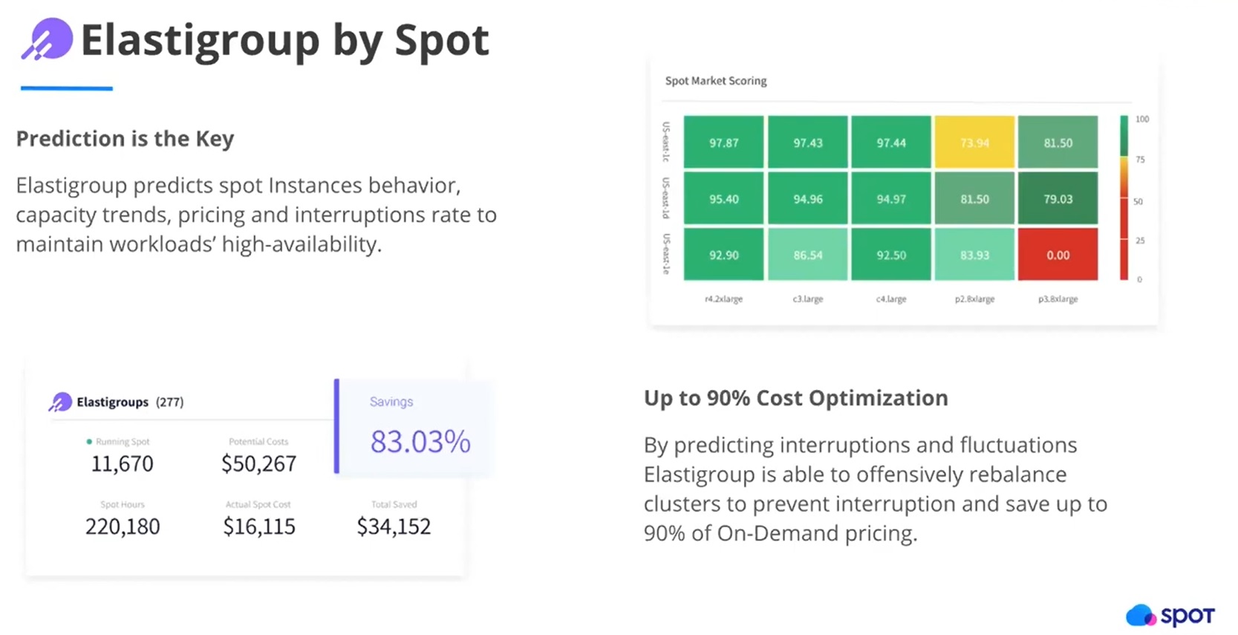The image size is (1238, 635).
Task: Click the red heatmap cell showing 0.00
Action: pyautogui.click(x=1058, y=255)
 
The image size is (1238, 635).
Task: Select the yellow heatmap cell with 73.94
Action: pyautogui.click(x=974, y=143)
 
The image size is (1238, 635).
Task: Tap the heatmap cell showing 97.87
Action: pyautogui.click(x=723, y=143)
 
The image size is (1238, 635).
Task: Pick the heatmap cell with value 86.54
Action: pyautogui.click(x=807, y=255)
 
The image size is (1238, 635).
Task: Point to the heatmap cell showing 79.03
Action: pyautogui.click(x=1058, y=199)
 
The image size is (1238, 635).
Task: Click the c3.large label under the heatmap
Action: pyautogui.click(x=807, y=299)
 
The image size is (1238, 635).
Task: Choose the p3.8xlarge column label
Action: pyautogui.click(x=1058, y=299)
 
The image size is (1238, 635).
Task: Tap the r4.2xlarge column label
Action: pyautogui.click(x=723, y=299)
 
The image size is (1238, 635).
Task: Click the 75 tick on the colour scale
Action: pyautogui.click(x=1140, y=160)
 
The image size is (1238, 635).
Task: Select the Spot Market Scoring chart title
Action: pyautogui.click(x=716, y=81)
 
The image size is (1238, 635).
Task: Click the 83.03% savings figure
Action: pyautogui.click(x=420, y=442)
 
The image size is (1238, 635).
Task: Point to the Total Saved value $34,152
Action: pyautogui.click(x=394, y=527)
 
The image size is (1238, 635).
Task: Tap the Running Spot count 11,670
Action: pyautogui.click(x=123, y=464)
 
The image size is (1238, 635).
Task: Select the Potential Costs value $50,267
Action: pyautogui.click(x=258, y=464)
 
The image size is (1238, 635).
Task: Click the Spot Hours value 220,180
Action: pyautogui.click(x=123, y=527)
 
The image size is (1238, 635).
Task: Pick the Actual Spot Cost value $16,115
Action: pyautogui.click(x=259, y=527)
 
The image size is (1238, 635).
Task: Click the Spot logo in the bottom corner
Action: pyautogui.click(x=1170, y=615)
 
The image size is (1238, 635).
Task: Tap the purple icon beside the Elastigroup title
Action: pyautogui.click(x=48, y=39)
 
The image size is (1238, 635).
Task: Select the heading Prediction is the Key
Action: pyautogui.click(x=125, y=139)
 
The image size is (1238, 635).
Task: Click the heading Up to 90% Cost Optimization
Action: pyautogui.click(x=795, y=398)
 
